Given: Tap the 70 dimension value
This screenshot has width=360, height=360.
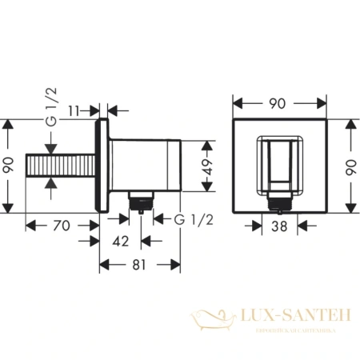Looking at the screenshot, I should [x=60, y=226].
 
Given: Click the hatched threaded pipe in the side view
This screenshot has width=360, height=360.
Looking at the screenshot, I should [x=63, y=167].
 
